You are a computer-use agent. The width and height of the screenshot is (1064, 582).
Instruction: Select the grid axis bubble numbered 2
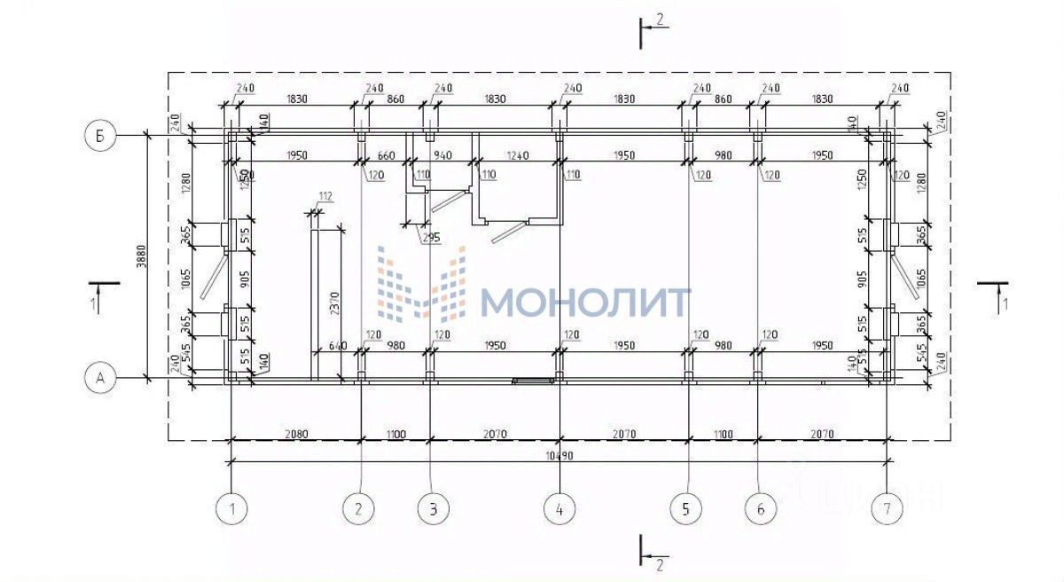tap(359, 508)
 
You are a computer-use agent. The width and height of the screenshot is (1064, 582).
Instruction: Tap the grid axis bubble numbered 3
tap(434, 508)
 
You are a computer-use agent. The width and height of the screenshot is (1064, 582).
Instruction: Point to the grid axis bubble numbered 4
tap(560, 508)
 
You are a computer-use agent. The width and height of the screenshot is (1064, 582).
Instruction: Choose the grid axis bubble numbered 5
tap(686, 508)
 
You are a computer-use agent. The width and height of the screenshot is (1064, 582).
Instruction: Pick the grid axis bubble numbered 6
tap(761, 508)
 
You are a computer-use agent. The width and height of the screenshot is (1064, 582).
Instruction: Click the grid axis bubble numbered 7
tap(888, 508)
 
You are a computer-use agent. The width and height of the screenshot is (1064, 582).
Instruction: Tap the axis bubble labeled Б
tap(100, 136)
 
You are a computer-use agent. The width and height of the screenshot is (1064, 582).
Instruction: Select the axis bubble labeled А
tap(100, 379)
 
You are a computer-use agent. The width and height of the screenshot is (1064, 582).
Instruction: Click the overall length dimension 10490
tap(559, 454)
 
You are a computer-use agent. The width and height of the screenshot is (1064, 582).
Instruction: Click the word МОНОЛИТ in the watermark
tap(585, 302)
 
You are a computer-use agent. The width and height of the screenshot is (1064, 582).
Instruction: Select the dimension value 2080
tap(297, 434)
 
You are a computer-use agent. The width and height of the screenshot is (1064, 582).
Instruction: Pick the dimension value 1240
tap(519, 155)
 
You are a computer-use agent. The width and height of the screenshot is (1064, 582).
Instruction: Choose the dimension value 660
tap(386, 155)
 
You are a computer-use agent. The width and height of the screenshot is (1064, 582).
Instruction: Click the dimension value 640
tap(338, 346)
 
